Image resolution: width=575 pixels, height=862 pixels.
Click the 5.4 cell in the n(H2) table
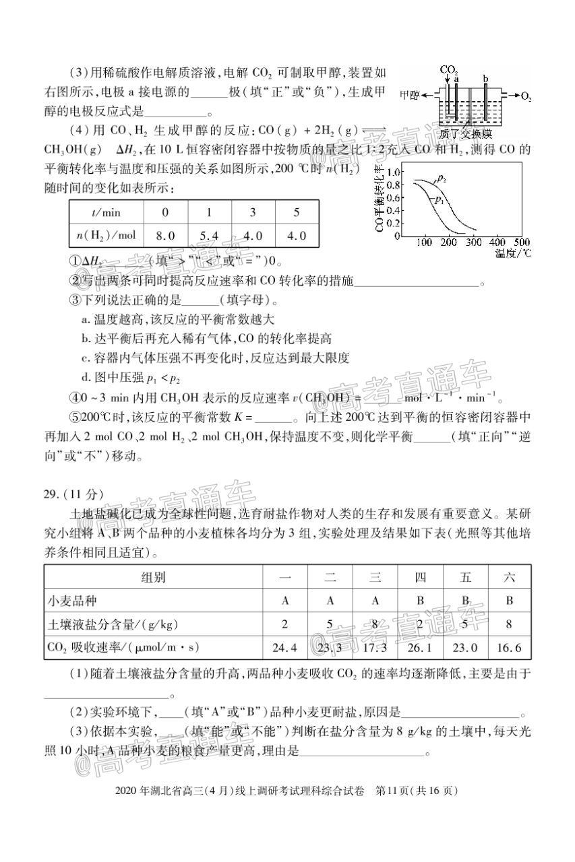209,236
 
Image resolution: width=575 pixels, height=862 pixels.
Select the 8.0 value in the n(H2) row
165,236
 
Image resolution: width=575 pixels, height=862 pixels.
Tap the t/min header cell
106,212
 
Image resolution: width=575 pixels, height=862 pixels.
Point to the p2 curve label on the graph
442,178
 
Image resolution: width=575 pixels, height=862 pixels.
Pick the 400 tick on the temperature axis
496,242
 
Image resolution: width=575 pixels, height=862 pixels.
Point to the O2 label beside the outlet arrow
526,96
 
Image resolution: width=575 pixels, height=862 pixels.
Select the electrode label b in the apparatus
485,79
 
